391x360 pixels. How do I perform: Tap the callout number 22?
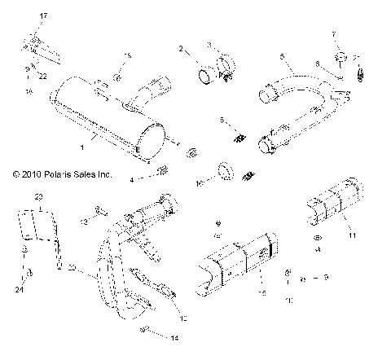click(42, 76)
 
